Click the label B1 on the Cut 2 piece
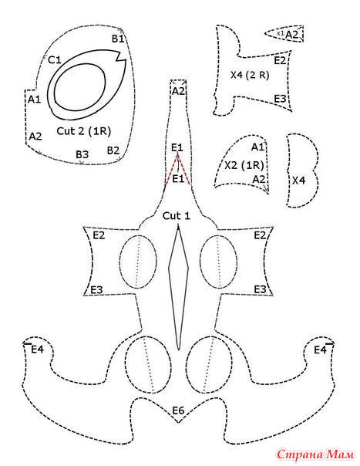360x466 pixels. click(x=118, y=39)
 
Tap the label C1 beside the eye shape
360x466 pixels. click(x=55, y=60)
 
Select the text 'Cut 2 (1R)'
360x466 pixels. click(x=83, y=130)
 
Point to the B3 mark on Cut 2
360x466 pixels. click(x=82, y=154)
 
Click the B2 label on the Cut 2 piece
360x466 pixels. click(x=113, y=150)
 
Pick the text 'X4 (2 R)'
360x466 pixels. click(x=250, y=75)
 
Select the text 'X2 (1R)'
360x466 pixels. click(x=244, y=165)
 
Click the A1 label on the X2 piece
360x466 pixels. click(x=257, y=147)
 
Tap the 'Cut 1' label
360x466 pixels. click(x=176, y=216)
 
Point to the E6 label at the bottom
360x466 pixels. click(x=178, y=410)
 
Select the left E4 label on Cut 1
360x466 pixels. click(x=38, y=349)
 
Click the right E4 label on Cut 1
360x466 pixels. click(x=320, y=350)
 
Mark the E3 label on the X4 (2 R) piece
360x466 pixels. click(x=280, y=99)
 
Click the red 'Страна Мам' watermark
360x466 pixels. click(x=315, y=454)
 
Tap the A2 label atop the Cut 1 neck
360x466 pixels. click(x=178, y=91)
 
